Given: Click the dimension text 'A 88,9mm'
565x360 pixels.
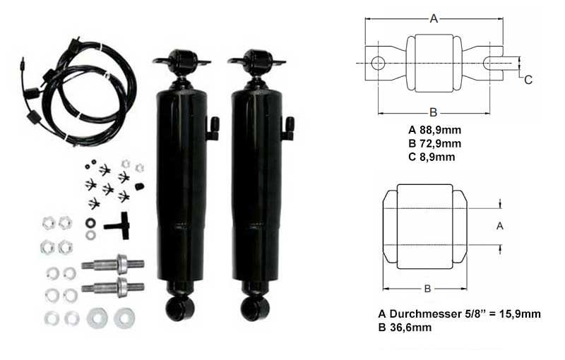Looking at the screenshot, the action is [435, 130].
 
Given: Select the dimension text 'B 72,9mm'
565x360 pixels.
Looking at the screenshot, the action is [435, 143].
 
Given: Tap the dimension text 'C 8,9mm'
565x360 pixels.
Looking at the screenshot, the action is [432, 157].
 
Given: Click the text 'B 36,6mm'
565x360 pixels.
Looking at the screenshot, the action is [405, 328].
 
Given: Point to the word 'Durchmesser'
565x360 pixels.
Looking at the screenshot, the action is [424, 314].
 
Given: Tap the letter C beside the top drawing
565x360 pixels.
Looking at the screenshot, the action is [528, 80].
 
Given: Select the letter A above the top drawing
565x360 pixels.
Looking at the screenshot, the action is [434, 19].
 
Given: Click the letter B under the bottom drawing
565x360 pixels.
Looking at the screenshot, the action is [427, 289].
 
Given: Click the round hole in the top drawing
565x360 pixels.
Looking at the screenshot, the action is [378, 64].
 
